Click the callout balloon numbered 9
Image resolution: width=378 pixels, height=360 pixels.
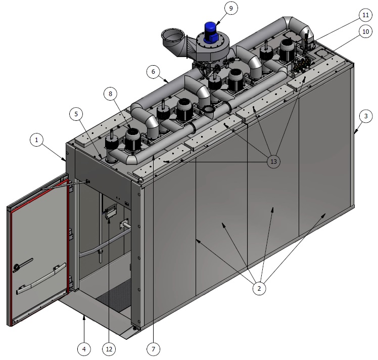point(231,8)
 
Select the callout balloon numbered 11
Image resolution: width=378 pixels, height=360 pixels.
point(366,15)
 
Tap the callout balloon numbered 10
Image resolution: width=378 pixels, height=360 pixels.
point(366,31)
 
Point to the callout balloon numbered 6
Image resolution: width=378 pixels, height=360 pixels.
point(153,72)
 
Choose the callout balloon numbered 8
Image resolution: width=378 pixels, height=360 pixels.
point(110,94)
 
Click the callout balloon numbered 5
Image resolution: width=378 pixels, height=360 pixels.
point(76,114)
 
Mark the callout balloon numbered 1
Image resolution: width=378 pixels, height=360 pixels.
point(37,140)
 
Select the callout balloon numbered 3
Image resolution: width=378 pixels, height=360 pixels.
point(366,116)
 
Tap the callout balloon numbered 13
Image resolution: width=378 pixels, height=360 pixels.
point(273,161)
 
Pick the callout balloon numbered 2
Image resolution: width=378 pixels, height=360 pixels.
point(259,288)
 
